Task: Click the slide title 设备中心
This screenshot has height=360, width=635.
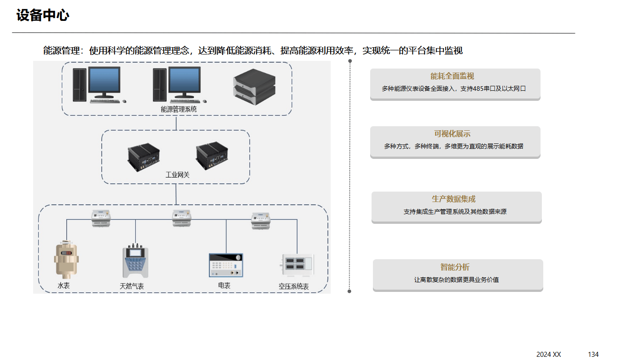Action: coord(43,15)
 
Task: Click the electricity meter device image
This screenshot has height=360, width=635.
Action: coord(226,265)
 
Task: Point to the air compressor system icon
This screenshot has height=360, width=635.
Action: coord(297,265)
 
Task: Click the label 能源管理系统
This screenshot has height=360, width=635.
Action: coord(179,109)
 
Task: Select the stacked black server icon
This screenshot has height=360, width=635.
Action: coord(254,86)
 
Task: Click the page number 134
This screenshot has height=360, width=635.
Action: coord(593,355)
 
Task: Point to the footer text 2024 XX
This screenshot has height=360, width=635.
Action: coord(549,355)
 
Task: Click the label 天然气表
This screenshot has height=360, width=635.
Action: coord(132,286)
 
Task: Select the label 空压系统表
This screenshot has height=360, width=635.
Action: coord(293,287)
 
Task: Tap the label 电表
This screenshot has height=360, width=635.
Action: coord(224,286)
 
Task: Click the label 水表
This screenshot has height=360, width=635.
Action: coord(64,286)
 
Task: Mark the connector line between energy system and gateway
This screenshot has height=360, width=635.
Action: coord(176,123)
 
